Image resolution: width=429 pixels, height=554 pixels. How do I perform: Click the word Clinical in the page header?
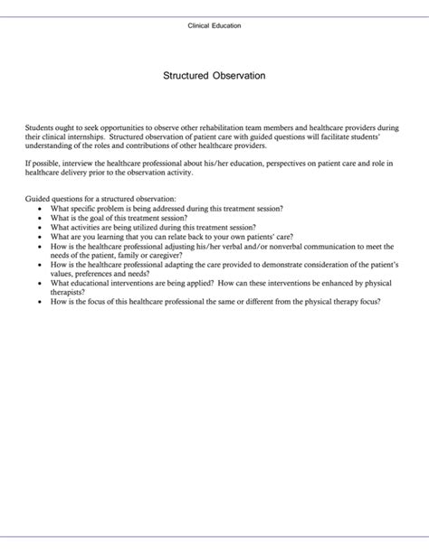click(201, 25)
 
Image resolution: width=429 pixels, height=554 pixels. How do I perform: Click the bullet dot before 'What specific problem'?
click(40, 208)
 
